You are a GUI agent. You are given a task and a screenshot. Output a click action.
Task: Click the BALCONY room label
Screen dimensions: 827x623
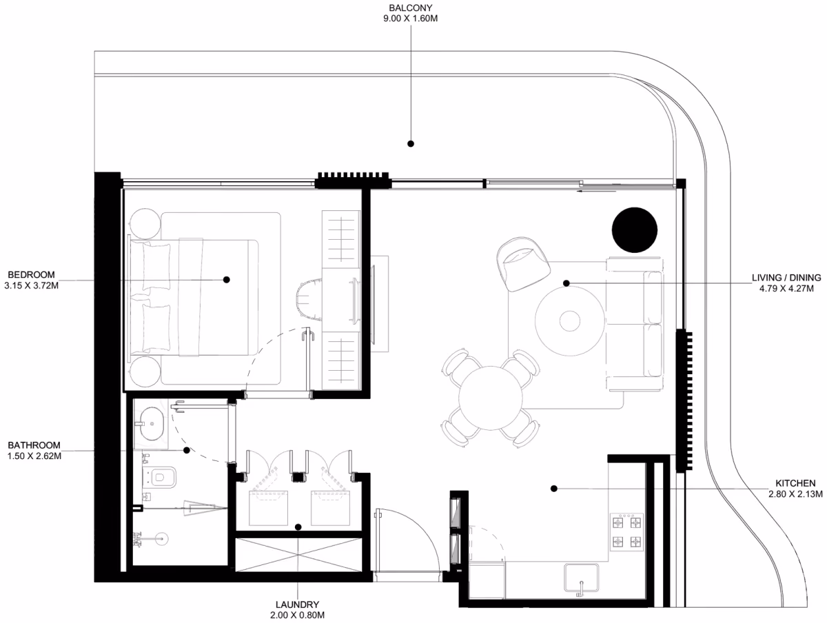(410, 8)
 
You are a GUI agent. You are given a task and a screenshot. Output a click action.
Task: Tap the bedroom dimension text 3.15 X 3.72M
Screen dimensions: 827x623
(32, 285)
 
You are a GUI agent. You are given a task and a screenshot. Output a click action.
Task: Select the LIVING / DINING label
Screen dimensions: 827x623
(786, 278)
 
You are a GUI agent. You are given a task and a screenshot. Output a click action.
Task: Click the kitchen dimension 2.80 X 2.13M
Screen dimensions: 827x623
(795, 494)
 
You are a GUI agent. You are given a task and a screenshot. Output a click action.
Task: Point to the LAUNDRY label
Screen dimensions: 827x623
(297, 604)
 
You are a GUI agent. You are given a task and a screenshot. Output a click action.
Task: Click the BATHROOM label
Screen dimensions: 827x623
(34, 445)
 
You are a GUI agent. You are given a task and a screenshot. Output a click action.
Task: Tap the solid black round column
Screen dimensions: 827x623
(635, 229)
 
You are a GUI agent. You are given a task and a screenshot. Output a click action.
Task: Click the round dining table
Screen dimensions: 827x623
(491, 398)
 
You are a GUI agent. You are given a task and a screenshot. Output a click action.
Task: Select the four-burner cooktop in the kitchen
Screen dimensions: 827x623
(626, 532)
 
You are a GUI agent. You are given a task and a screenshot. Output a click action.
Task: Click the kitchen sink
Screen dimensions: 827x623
(581, 578)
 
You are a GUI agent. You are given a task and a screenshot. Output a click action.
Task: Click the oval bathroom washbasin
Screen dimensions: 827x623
(152, 423)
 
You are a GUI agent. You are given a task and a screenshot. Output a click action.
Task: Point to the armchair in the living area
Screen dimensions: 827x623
(522, 264)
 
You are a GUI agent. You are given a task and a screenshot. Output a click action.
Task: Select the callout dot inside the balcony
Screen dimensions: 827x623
(411, 143)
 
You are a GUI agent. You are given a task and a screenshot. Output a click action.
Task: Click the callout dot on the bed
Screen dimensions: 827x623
(227, 280)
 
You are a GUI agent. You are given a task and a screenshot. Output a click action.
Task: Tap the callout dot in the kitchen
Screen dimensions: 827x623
(554, 489)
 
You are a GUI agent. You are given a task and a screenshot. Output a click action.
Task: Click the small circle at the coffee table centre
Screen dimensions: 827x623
(570, 321)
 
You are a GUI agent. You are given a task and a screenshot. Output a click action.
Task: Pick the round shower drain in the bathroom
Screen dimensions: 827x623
(162, 539)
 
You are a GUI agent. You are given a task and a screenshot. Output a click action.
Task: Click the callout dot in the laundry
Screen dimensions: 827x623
(298, 527)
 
